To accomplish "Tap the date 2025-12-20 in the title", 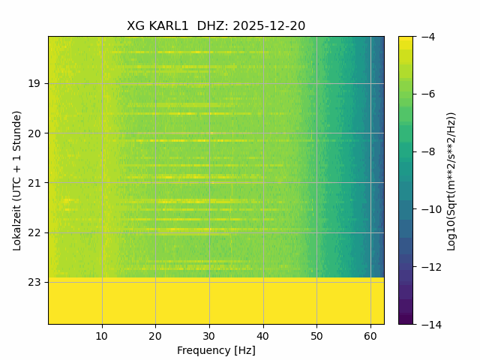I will pos(269,26).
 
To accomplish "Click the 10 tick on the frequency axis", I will pos(102,335).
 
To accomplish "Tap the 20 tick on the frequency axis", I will pos(155,335).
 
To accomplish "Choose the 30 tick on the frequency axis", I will pos(209,335).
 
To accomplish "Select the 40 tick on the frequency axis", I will pos(263,335).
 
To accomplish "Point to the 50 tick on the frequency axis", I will pos(316,335).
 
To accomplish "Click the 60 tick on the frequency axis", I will pos(370,335).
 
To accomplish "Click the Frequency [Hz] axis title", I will pos(216,350).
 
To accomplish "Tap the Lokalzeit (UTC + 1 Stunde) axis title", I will pos(17,180).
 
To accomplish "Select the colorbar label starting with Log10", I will pos(451,180).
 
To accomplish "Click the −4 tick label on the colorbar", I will pos(425,37).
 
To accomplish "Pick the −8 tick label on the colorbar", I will pos(425,151).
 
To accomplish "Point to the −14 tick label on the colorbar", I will pos(427,324).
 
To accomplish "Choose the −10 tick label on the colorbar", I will pos(427,209).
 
